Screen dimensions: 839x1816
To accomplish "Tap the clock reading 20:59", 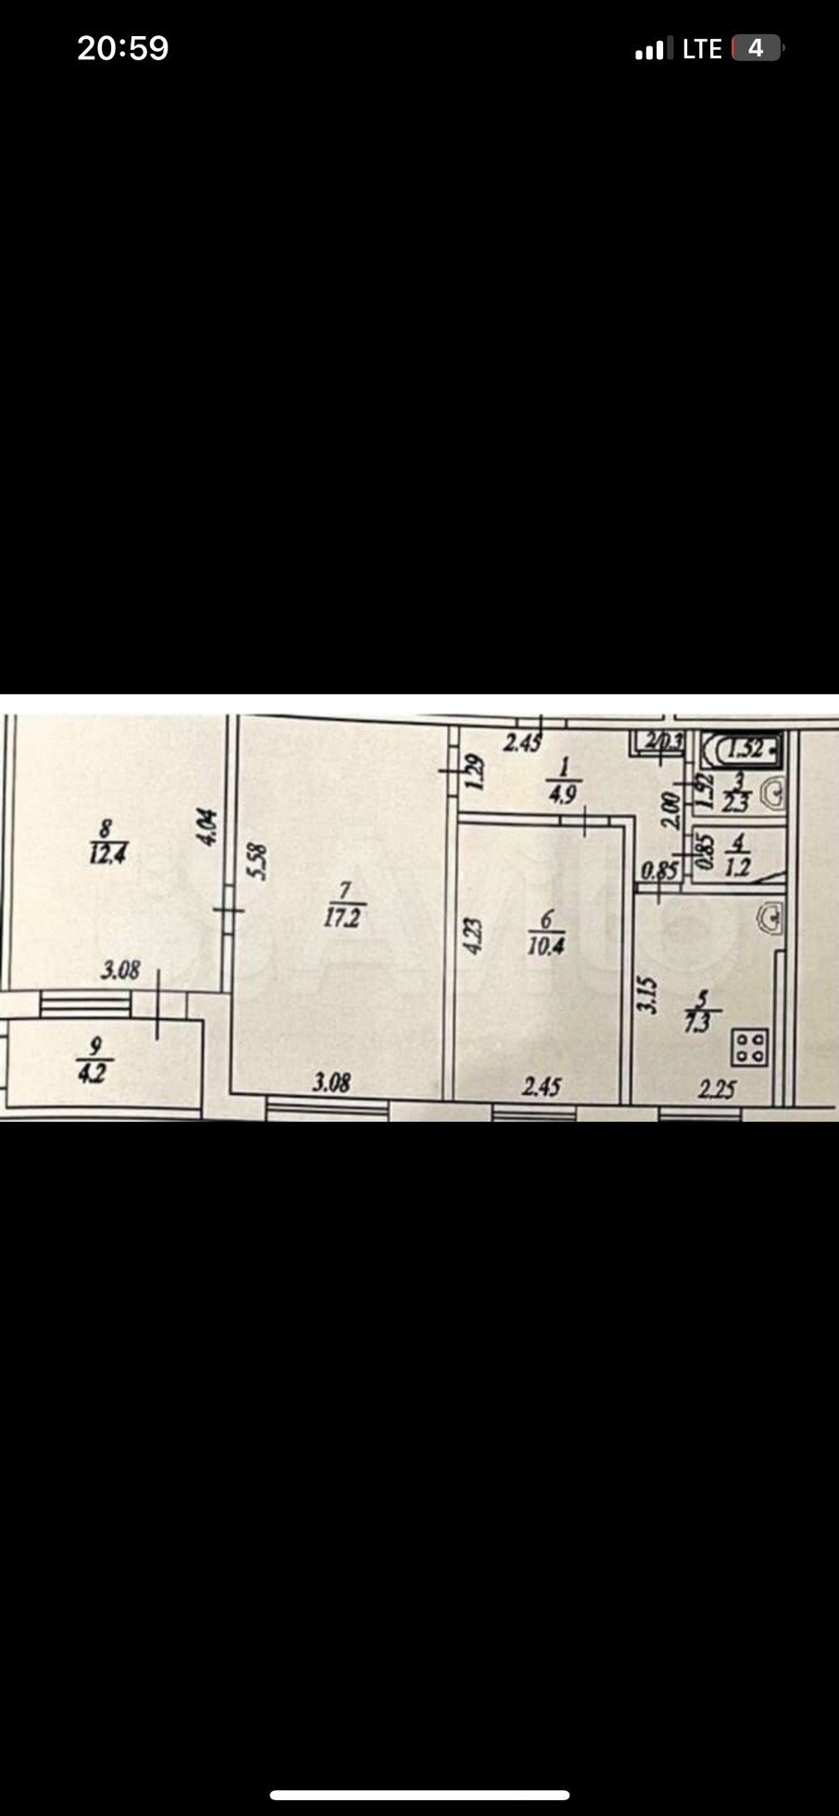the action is (x=122, y=48).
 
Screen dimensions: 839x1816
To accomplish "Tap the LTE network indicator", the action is (x=701, y=49).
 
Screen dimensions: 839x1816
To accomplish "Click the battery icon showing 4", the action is (x=756, y=48).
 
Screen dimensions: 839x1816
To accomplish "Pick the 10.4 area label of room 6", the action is (x=546, y=946).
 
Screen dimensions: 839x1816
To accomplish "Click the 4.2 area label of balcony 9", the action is (x=94, y=1075).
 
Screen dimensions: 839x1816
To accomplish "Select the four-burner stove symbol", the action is (x=749, y=1048).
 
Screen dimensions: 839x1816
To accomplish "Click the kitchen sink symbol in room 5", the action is (x=770, y=918).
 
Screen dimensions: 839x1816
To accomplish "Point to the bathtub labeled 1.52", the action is (x=742, y=747).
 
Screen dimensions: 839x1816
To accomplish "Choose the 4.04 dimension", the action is (x=207, y=826).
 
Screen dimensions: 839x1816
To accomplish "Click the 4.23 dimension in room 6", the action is (x=472, y=937).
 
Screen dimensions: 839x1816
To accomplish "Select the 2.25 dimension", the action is (x=718, y=1089).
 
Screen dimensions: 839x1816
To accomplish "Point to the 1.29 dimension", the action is (x=473, y=772).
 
